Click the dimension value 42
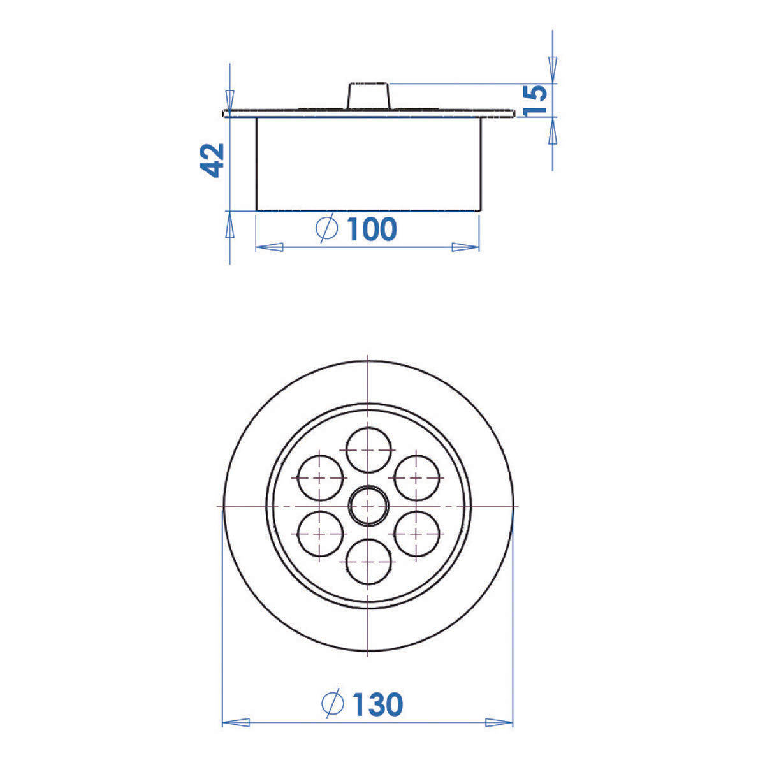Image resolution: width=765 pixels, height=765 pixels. [212, 160]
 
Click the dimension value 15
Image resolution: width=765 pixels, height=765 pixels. [535, 101]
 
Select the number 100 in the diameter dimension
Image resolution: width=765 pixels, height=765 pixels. [372, 229]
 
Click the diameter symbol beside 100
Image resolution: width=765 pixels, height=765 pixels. [326, 228]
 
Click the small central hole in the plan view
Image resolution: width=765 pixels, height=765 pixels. [368, 506]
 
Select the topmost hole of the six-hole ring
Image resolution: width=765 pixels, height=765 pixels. [368, 450]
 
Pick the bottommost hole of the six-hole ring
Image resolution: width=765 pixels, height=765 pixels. [368, 562]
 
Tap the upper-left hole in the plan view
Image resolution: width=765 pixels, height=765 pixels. [320, 478]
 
